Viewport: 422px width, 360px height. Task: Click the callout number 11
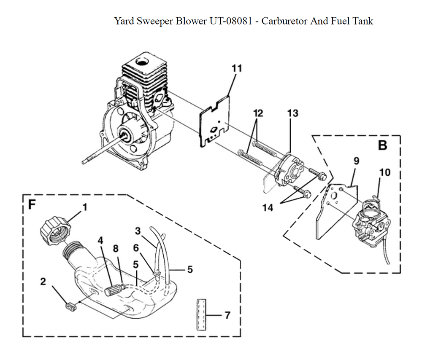click(237, 68)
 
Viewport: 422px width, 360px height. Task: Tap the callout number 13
click(293, 113)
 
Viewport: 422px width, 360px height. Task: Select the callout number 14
click(268, 207)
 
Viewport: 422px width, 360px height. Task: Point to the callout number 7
click(227, 315)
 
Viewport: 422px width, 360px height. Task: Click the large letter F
click(32, 204)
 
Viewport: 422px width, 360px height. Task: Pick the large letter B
click(382, 145)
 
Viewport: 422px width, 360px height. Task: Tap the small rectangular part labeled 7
click(201, 314)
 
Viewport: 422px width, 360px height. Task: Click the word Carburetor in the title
click(284, 21)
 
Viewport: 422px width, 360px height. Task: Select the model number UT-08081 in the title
click(231, 21)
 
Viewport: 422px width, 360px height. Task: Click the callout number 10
click(384, 172)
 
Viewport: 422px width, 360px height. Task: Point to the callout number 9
click(356, 161)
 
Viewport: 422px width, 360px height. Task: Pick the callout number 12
click(258, 113)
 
